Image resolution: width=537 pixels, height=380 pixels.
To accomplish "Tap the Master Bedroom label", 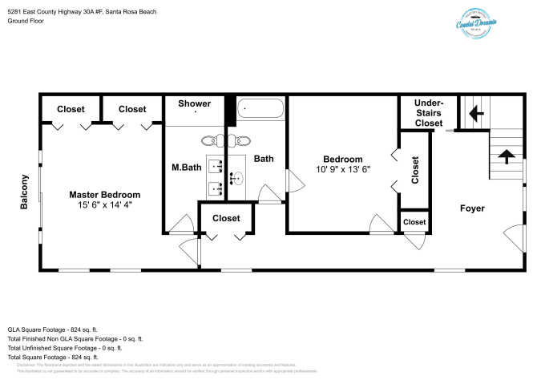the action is [104, 195].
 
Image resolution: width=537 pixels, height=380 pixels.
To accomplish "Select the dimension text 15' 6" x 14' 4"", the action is [104, 206].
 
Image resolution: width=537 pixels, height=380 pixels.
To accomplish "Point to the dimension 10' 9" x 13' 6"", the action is [342, 169].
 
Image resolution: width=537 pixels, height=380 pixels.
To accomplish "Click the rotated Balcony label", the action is [25, 192].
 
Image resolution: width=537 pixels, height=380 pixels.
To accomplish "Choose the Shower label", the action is [194, 104].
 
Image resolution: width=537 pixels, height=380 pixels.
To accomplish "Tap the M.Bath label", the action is [187, 168].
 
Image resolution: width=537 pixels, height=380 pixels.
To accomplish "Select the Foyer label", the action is [472, 208].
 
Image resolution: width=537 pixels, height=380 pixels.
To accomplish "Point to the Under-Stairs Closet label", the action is [428, 113].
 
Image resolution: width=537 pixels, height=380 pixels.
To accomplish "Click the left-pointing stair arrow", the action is [474, 113].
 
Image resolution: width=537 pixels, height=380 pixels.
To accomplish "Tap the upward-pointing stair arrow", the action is [504, 156].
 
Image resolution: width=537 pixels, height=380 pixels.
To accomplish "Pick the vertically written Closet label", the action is [414, 171].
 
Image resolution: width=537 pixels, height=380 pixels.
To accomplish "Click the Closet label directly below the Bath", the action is [226, 218].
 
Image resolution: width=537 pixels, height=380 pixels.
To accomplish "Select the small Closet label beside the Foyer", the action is [414, 222].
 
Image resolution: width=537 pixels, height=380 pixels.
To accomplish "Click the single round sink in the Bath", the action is [236, 177].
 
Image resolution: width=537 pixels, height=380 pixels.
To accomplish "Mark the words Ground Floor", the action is [26, 21].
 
